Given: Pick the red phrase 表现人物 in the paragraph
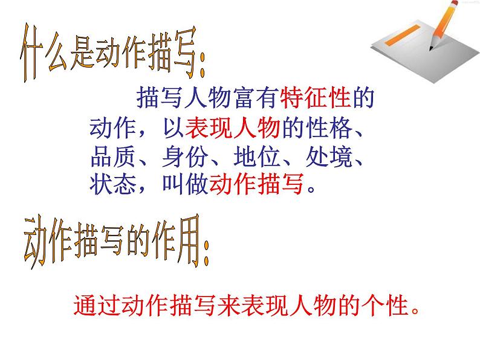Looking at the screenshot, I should [232, 129].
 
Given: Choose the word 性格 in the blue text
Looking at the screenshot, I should [327, 129].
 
